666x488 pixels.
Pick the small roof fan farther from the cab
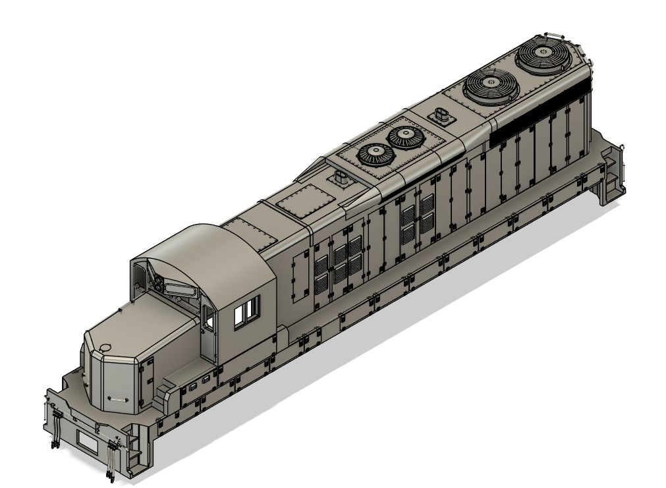pos(404,137)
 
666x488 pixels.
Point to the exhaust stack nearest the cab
pos(341,178)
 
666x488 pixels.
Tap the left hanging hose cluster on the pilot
pos(55,428)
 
